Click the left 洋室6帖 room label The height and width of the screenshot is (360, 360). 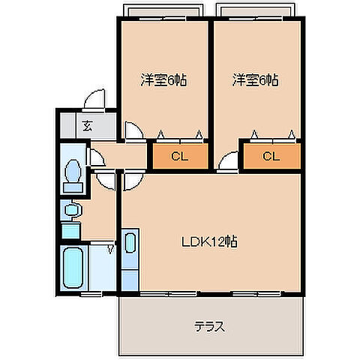click(162, 79)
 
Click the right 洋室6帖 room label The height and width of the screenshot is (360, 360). click(255, 79)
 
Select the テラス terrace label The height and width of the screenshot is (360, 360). click(211, 327)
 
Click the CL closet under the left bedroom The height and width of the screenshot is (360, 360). click(179, 157)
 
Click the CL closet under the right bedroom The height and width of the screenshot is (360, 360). click(271, 157)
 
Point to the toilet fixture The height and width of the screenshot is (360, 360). click(73, 174)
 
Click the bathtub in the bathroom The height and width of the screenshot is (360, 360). click(73, 271)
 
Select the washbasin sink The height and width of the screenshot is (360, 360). click(72, 211)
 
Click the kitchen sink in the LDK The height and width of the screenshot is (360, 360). click(129, 243)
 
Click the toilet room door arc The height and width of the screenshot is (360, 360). click(96, 157)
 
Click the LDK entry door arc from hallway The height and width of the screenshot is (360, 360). click(129, 180)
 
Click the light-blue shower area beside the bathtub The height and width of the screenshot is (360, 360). click(103, 270)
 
